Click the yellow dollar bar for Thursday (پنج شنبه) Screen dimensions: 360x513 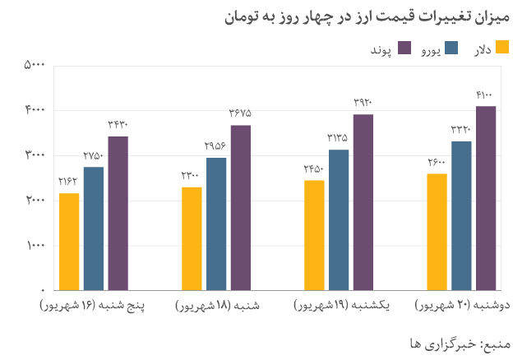click(69, 242)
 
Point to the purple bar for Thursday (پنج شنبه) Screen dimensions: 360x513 click(118, 213)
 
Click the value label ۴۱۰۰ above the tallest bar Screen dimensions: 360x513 click(485, 96)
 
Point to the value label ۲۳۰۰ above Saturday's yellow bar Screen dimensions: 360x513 click(191, 175)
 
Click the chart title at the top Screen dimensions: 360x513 click(367, 16)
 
